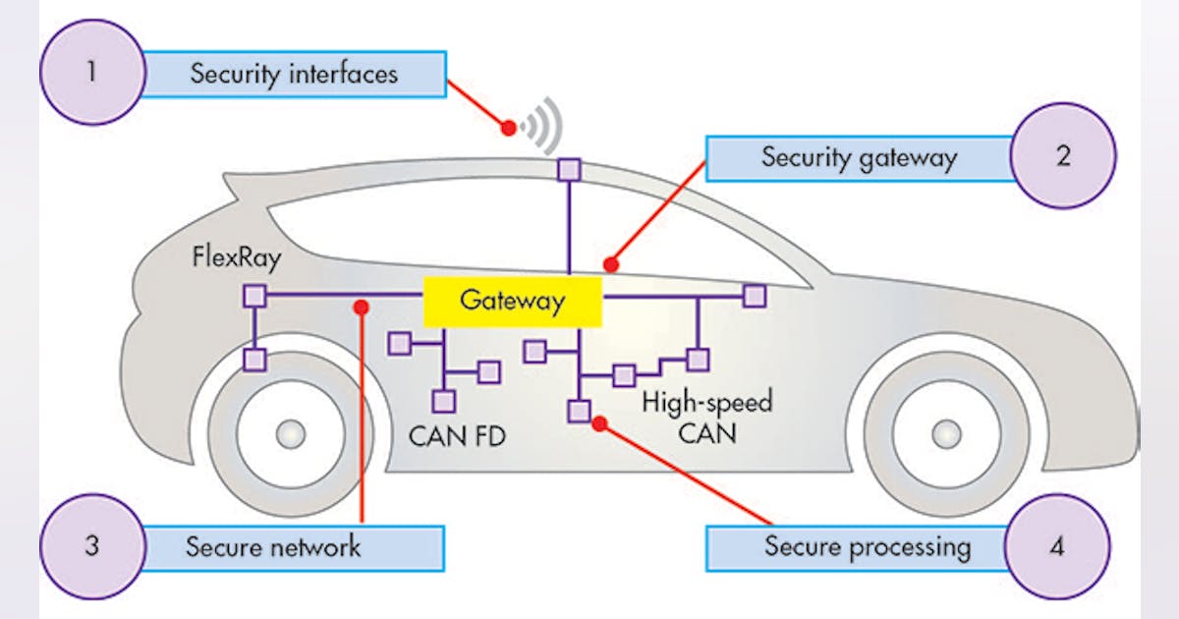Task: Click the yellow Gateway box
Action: (x=512, y=301)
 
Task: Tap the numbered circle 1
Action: (x=91, y=73)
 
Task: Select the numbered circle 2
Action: (x=1063, y=156)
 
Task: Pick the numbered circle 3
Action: (x=91, y=546)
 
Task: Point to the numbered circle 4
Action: (x=1057, y=546)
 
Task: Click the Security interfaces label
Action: (x=294, y=74)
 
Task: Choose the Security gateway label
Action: (x=859, y=158)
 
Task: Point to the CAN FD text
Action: (x=457, y=434)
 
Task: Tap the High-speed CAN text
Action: (x=706, y=416)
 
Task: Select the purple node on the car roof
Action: (x=570, y=169)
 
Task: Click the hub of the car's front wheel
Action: (x=945, y=432)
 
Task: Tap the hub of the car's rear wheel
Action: (x=291, y=432)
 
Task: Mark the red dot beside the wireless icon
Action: (x=508, y=127)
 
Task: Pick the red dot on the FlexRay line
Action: (x=361, y=307)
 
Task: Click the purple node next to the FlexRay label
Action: (x=254, y=296)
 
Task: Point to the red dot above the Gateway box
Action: (x=611, y=264)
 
